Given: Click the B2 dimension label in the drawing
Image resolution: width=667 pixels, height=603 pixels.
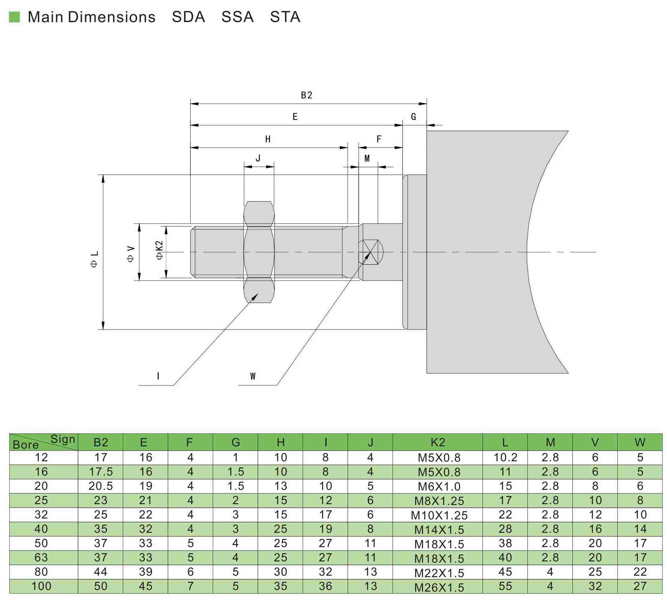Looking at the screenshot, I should pyautogui.click(x=306, y=95).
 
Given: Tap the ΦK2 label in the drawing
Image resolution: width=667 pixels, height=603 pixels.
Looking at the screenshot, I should pyautogui.click(x=159, y=250).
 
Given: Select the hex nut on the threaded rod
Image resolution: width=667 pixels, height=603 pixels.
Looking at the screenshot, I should pyautogui.click(x=259, y=252).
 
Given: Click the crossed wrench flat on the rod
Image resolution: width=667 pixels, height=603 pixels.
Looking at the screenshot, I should pyautogui.click(x=370, y=252).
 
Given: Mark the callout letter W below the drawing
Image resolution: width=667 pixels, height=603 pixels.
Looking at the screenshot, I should pyautogui.click(x=253, y=376).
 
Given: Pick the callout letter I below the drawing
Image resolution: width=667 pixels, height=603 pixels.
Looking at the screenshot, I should pyautogui.click(x=158, y=376).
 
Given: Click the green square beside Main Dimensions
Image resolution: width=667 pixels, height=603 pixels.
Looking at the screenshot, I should pyautogui.click(x=14, y=17).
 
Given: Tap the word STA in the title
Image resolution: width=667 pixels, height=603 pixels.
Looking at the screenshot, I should pyautogui.click(x=285, y=17).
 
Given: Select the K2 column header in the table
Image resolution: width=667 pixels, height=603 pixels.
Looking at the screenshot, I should pyautogui.click(x=438, y=442).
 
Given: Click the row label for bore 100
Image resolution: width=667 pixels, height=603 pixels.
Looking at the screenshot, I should pyautogui.click(x=41, y=586).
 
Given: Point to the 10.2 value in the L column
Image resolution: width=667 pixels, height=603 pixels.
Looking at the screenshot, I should pyautogui.click(x=505, y=457).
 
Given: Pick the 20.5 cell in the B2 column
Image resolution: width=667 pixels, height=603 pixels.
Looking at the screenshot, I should pyautogui.click(x=100, y=486).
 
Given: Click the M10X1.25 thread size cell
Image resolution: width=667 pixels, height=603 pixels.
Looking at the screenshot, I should pyautogui.click(x=439, y=515).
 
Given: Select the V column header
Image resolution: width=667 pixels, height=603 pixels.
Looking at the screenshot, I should pyautogui.click(x=595, y=442).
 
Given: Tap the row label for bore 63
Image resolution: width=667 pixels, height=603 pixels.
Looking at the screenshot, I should pyautogui.click(x=41, y=557).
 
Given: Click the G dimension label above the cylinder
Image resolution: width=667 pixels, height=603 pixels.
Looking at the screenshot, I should pyautogui.click(x=414, y=117).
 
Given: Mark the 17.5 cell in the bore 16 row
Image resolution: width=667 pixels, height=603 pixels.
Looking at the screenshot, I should pyautogui.click(x=100, y=472).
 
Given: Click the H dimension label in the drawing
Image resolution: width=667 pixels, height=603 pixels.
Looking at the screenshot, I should pyautogui.click(x=268, y=139).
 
